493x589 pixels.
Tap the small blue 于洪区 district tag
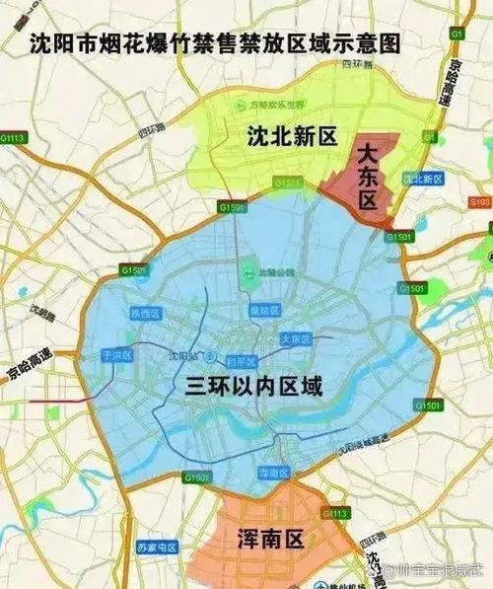(x=103, y=353)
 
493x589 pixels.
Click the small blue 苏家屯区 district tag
(x=156, y=547)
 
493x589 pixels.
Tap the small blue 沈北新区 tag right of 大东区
(x=424, y=179)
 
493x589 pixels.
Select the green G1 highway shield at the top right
(x=456, y=34)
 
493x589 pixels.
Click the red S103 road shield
(x=479, y=202)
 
